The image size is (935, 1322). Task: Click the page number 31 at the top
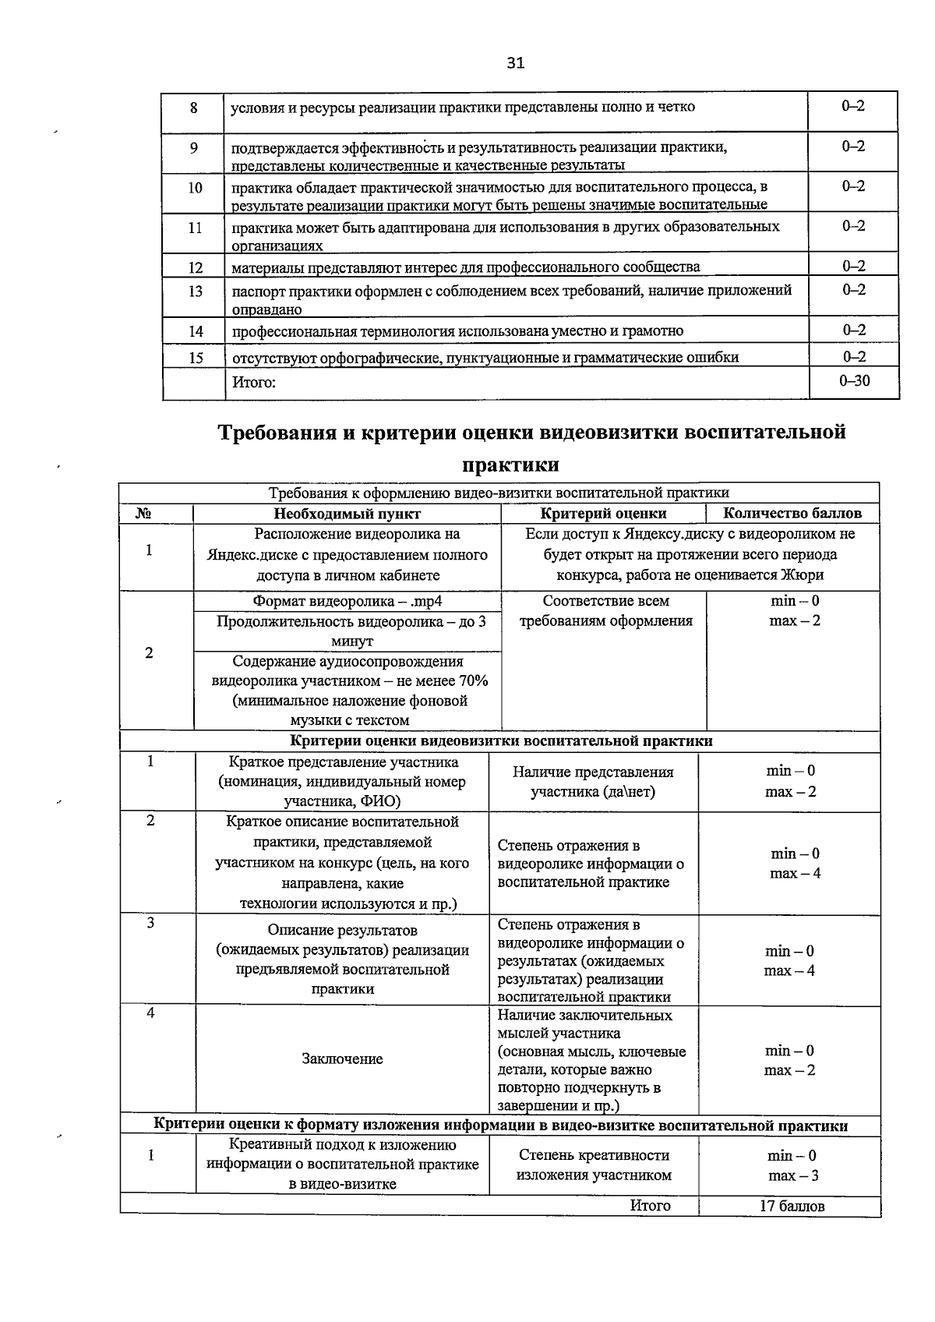pos(515,63)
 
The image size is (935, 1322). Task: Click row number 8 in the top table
pos(194,108)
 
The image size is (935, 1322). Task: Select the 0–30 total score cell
pos(854,381)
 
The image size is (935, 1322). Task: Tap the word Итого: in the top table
pos(254,383)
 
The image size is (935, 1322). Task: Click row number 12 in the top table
pos(195,267)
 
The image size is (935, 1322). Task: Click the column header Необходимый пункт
pos(347,514)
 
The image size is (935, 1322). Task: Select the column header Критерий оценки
pos(603,514)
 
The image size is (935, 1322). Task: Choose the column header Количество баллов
pos(792,514)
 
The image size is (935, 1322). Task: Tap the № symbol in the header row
pos(144,514)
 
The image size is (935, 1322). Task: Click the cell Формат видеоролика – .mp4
pos(348,601)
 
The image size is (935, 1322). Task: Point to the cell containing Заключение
pos(342,1059)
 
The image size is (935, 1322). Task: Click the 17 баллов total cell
pos(792,1206)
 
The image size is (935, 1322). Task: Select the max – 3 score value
pos(792,1175)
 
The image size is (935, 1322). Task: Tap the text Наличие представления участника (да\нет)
pos(593,782)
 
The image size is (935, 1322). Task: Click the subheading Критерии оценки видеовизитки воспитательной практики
pos(501,741)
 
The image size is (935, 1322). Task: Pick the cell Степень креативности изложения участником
pos(594,1165)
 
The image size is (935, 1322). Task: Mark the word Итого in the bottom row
pos(650,1206)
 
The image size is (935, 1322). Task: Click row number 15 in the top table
pos(195,357)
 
